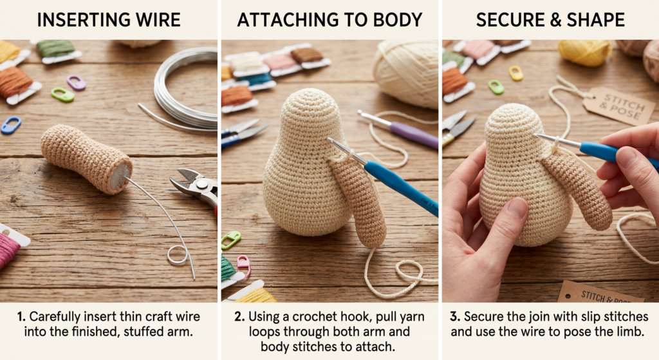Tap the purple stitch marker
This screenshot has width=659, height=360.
tap(76, 83)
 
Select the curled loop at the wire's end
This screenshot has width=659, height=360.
tap(177, 255)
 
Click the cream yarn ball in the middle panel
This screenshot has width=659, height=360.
tap(406, 73)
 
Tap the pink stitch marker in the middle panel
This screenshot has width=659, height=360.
tap(244, 265)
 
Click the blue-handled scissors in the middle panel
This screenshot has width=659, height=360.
tap(243, 133)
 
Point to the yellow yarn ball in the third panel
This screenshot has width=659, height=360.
tap(585, 53)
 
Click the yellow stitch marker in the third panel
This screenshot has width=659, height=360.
tap(515, 73)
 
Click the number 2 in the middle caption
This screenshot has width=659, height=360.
tap(238, 317)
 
